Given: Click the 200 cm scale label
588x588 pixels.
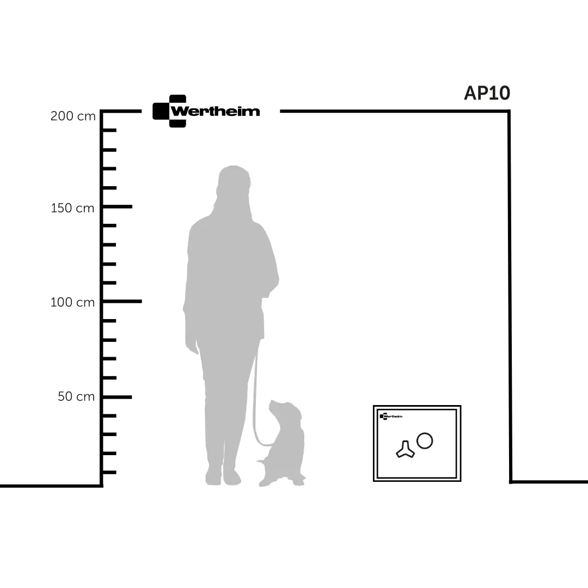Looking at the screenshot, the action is click(73, 116).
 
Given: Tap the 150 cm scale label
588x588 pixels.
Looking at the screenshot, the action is click(72, 208).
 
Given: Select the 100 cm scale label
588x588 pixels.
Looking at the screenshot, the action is click(72, 302).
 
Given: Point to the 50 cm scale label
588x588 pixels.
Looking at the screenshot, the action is click(76, 396).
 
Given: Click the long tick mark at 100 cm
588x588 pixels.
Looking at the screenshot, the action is click(121, 301).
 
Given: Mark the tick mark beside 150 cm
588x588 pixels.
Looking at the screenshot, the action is click(117, 207).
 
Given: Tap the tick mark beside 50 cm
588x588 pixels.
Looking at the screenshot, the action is click(117, 397).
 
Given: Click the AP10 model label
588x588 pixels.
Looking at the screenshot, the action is click(487, 93).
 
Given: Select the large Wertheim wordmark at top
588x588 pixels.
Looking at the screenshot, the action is click(215, 112).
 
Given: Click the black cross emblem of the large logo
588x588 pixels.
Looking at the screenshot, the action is click(169, 111).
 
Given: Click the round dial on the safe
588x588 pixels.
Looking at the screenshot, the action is click(425, 440).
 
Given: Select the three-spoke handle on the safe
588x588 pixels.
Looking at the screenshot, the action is click(405, 450).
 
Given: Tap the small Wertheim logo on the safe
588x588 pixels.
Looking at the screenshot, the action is click(391, 416).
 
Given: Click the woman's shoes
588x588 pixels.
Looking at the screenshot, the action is click(223, 476).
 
